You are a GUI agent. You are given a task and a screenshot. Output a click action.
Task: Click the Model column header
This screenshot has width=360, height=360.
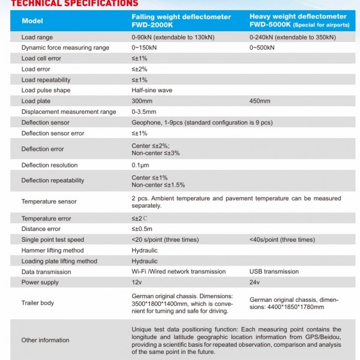click(32, 21)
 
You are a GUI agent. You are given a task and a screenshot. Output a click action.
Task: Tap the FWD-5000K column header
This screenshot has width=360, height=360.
click(298, 21)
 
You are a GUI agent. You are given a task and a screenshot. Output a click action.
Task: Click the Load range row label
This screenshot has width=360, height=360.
click(37, 37)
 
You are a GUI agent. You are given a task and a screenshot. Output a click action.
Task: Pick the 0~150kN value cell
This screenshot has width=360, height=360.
click(145, 47)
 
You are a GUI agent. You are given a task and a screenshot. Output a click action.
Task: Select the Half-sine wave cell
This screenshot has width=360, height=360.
click(152, 91)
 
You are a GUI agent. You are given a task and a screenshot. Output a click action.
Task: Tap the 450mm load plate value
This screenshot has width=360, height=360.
click(259, 101)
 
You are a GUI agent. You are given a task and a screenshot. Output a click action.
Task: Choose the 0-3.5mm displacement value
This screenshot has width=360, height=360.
click(143, 112)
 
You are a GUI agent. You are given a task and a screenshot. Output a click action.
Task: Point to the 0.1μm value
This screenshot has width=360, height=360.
click(140, 165)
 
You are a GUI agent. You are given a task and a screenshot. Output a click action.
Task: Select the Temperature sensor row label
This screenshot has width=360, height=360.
click(49, 202)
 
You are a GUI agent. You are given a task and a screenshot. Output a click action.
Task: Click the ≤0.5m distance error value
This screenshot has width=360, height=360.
click(142, 229)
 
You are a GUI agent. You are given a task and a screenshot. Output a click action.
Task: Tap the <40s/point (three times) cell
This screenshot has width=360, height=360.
click(281, 239)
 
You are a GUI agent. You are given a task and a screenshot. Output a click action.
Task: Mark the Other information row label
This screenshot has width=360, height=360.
click(45, 340)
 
